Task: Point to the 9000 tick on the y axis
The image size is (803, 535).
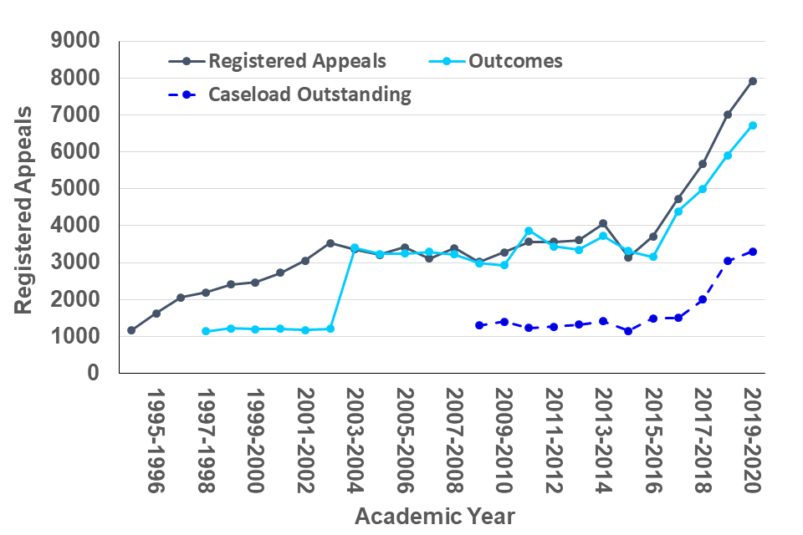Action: tap(76, 41)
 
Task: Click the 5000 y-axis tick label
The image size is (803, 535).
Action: tap(76, 189)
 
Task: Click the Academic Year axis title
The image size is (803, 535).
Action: tap(435, 516)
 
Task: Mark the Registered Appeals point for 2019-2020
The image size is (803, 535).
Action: tap(753, 81)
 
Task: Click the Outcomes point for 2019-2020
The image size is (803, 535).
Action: tap(753, 125)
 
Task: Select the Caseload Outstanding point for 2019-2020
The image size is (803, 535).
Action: tap(753, 252)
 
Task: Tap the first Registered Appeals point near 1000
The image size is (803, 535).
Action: tap(131, 330)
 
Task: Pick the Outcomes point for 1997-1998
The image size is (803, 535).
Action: tap(206, 331)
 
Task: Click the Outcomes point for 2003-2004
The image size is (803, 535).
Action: tap(355, 248)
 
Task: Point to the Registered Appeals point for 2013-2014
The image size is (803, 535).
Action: tap(603, 223)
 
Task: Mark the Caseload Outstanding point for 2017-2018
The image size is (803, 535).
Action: tap(703, 299)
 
